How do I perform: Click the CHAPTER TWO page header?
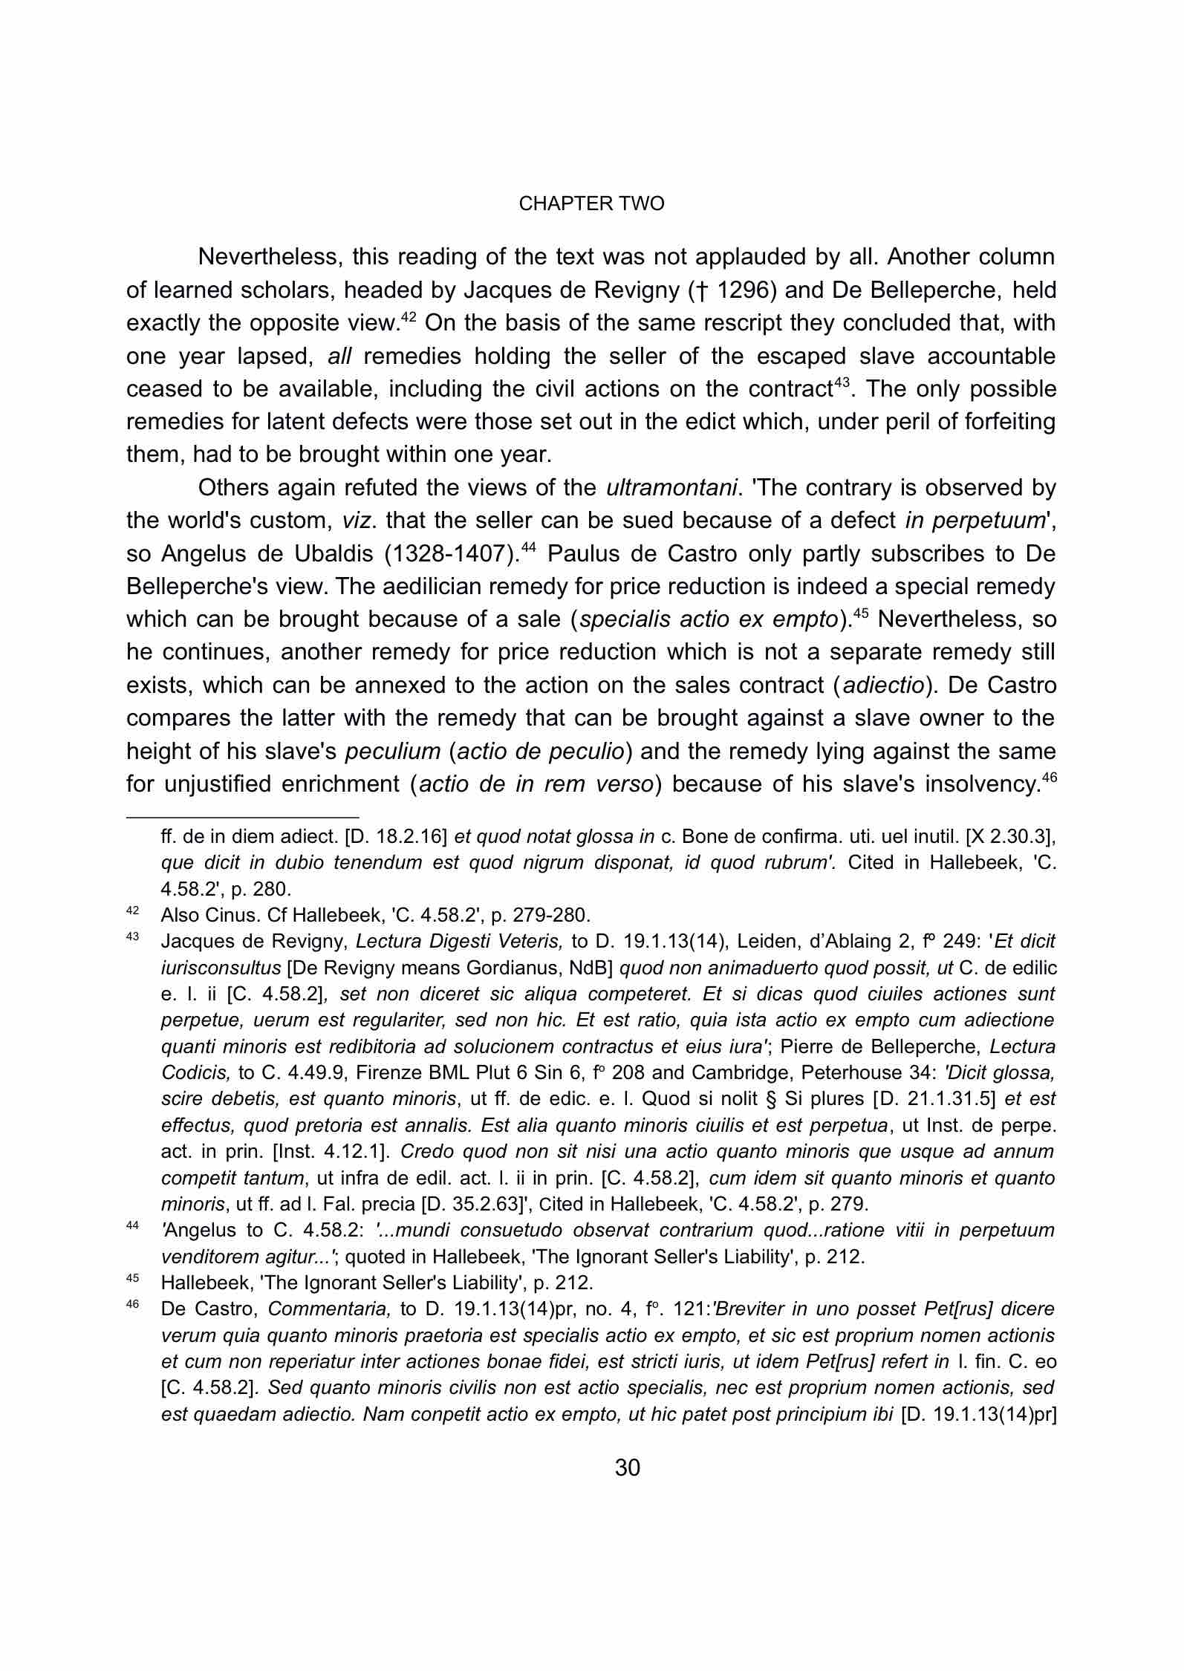click(x=591, y=204)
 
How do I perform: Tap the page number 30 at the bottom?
click(x=628, y=1468)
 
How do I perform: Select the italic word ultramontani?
click(x=672, y=488)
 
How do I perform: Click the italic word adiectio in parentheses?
click(x=884, y=685)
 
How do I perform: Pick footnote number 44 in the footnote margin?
click(x=133, y=1226)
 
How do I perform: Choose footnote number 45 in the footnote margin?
click(x=133, y=1279)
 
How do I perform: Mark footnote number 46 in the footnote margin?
click(x=133, y=1305)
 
